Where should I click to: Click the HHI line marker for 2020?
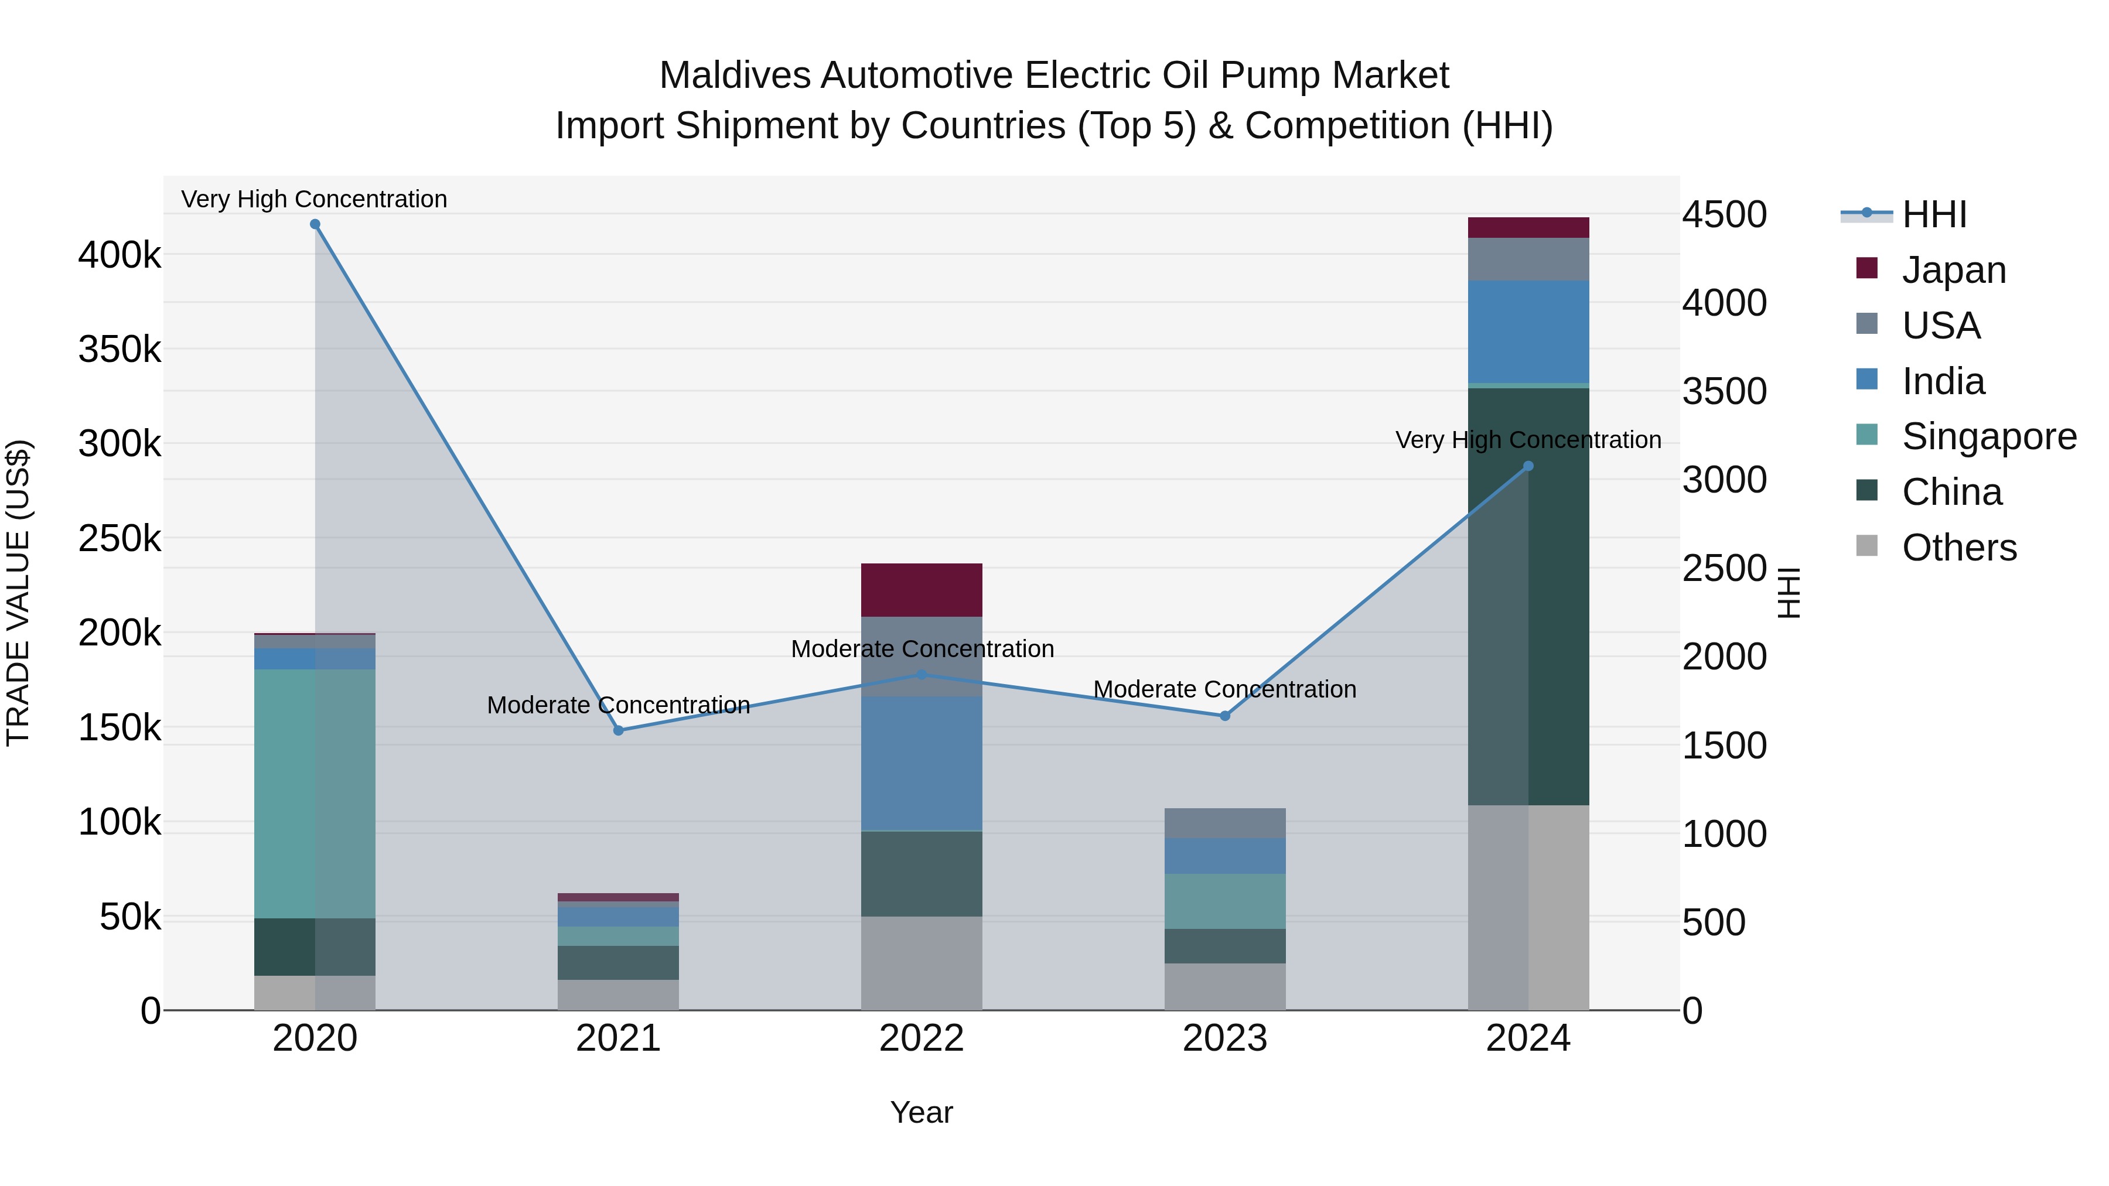click(315, 224)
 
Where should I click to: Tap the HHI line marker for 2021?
click(619, 730)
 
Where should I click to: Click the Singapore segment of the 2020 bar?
click(315, 794)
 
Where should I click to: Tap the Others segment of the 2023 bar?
click(1225, 986)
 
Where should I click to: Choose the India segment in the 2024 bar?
click(1528, 331)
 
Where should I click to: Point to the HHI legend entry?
click(1934, 214)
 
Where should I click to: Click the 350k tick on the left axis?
click(120, 350)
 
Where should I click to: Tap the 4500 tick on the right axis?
click(1724, 214)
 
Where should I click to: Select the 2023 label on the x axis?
click(1225, 1038)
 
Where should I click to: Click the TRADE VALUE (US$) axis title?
click(18, 593)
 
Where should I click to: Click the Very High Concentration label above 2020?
click(315, 199)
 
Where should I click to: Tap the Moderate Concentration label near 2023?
click(1225, 689)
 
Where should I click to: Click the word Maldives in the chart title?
click(735, 76)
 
